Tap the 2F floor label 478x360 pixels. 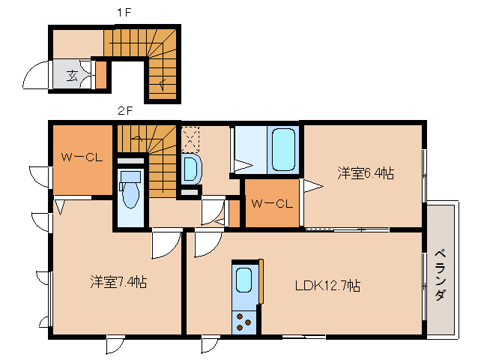(x=124, y=111)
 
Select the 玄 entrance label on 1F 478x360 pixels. (x=72, y=75)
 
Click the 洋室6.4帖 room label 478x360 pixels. (x=365, y=173)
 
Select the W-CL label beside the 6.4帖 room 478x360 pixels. (x=271, y=202)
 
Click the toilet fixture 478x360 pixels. (x=130, y=190)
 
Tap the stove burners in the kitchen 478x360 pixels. (x=244, y=321)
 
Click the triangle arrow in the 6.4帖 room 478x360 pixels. (x=312, y=184)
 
